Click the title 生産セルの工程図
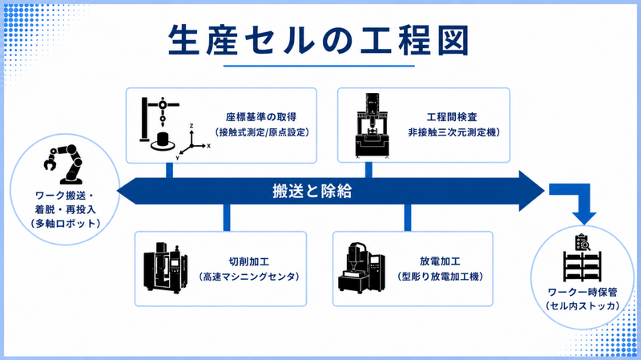click(x=319, y=39)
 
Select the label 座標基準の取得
click(x=262, y=115)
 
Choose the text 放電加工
click(x=440, y=261)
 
